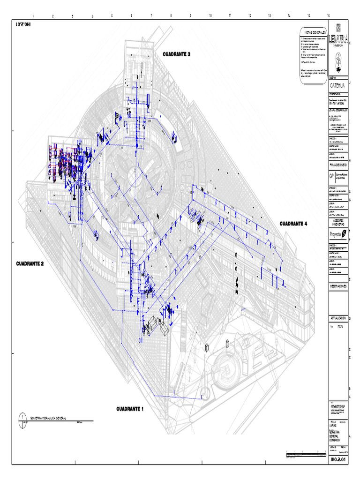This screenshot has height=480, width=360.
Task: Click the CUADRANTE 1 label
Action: pos(130,409)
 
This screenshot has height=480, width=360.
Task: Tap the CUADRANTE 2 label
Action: pos(30,264)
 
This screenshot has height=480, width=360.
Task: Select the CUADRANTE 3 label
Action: pos(177,54)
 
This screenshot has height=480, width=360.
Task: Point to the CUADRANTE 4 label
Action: pos(293,224)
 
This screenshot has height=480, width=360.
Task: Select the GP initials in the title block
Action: pos(332,177)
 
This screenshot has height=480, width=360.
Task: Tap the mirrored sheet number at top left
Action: pos(23,22)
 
